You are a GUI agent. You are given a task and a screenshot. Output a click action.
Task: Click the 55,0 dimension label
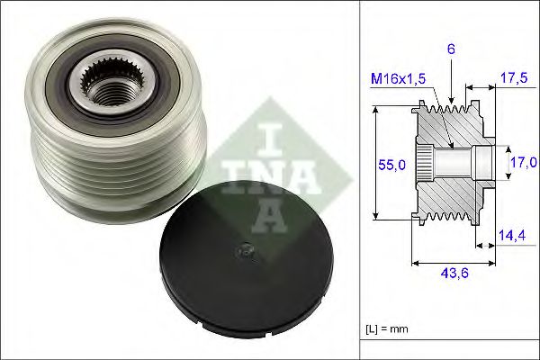[389, 166]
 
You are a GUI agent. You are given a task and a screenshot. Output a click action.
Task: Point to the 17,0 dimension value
[523, 162]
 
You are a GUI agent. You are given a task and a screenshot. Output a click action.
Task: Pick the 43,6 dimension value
[453, 276]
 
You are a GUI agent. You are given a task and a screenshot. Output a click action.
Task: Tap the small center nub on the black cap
[242, 254]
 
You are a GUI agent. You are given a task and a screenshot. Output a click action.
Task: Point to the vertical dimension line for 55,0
[375, 164]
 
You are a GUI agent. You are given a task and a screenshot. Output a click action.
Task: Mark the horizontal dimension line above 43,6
[453, 264]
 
